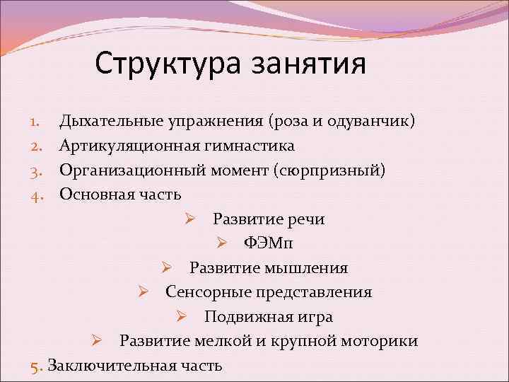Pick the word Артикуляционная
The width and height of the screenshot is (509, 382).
[131, 146]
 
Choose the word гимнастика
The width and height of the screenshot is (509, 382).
[252, 146]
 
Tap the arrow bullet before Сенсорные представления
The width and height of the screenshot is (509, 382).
[143, 292]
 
